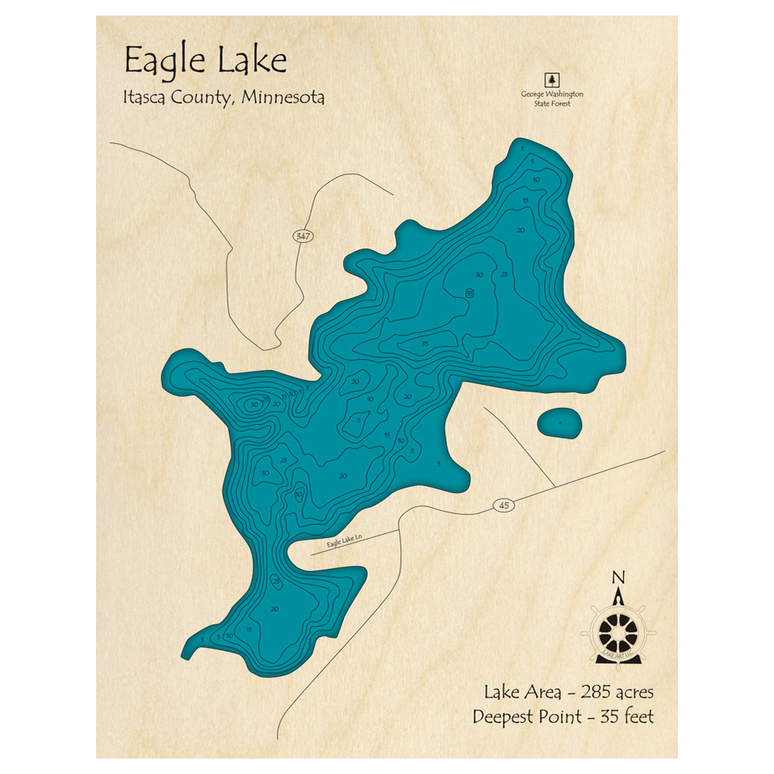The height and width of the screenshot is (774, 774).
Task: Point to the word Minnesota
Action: click(283, 98)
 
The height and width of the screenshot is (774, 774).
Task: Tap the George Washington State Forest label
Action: click(552, 98)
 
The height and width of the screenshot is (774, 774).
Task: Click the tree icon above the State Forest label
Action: click(552, 80)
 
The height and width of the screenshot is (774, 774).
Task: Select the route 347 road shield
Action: click(303, 237)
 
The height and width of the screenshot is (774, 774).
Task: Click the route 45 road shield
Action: click(503, 505)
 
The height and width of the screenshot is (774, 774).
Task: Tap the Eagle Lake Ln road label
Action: click(344, 543)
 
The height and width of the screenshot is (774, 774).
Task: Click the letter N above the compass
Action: click(618, 577)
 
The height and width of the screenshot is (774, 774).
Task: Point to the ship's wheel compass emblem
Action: click(618, 631)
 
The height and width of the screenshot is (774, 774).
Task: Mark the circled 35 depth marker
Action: click(470, 293)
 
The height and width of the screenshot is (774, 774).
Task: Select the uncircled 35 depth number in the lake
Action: click(425, 343)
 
